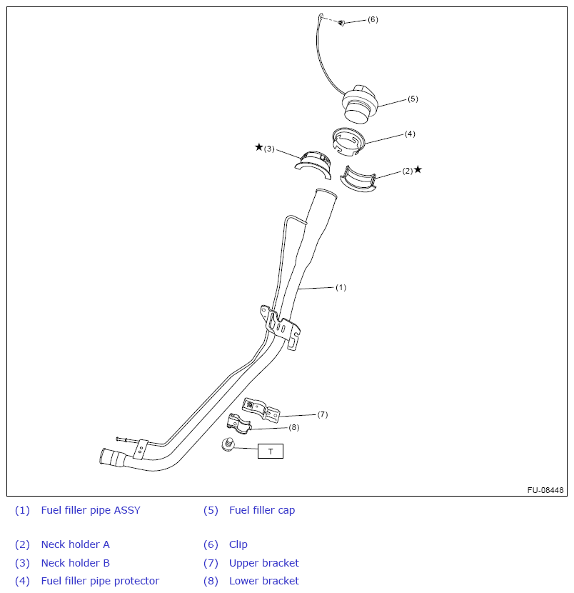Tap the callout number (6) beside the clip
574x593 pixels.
pyautogui.click(x=373, y=19)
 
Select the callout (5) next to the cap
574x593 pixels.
pyautogui.click(x=413, y=99)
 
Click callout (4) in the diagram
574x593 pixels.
pyautogui.click(x=410, y=134)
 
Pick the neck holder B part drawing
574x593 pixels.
pyautogui.click(x=315, y=163)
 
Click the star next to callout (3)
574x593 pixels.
pyautogui.click(x=258, y=147)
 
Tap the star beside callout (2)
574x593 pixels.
pyautogui.click(x=418, y=169)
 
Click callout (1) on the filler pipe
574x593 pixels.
pyautogui.click(x=341, y=287)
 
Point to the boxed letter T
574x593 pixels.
pyautogui.click(x=270, y=451)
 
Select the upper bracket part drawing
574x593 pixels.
pyautogui.click(x=261, y=408)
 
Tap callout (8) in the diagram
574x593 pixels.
pyautogui.click(x=293, y=427)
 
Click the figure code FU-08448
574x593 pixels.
pyautogui.click(x=545, y=490)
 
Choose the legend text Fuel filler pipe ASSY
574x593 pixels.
pyautogui.click(x=91, y=510)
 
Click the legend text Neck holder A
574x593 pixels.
pyautogui.click(x=75, y=544)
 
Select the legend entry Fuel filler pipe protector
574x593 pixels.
pyautogui.click(x=100, y=581)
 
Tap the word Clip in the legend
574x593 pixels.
pyautogui.click(x=238, y=544)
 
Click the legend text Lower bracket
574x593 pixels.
pyautogui.click(x=263, y=581)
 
